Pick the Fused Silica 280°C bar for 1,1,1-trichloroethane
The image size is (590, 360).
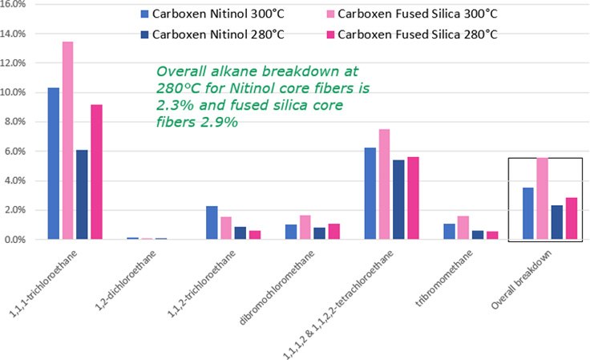[96, 172]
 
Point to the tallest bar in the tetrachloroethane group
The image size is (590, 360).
[384, 184]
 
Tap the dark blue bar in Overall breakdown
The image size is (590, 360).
[557, 222]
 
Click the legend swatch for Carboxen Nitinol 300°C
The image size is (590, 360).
[145, 14]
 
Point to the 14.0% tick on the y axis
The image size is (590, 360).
[17, 34]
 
